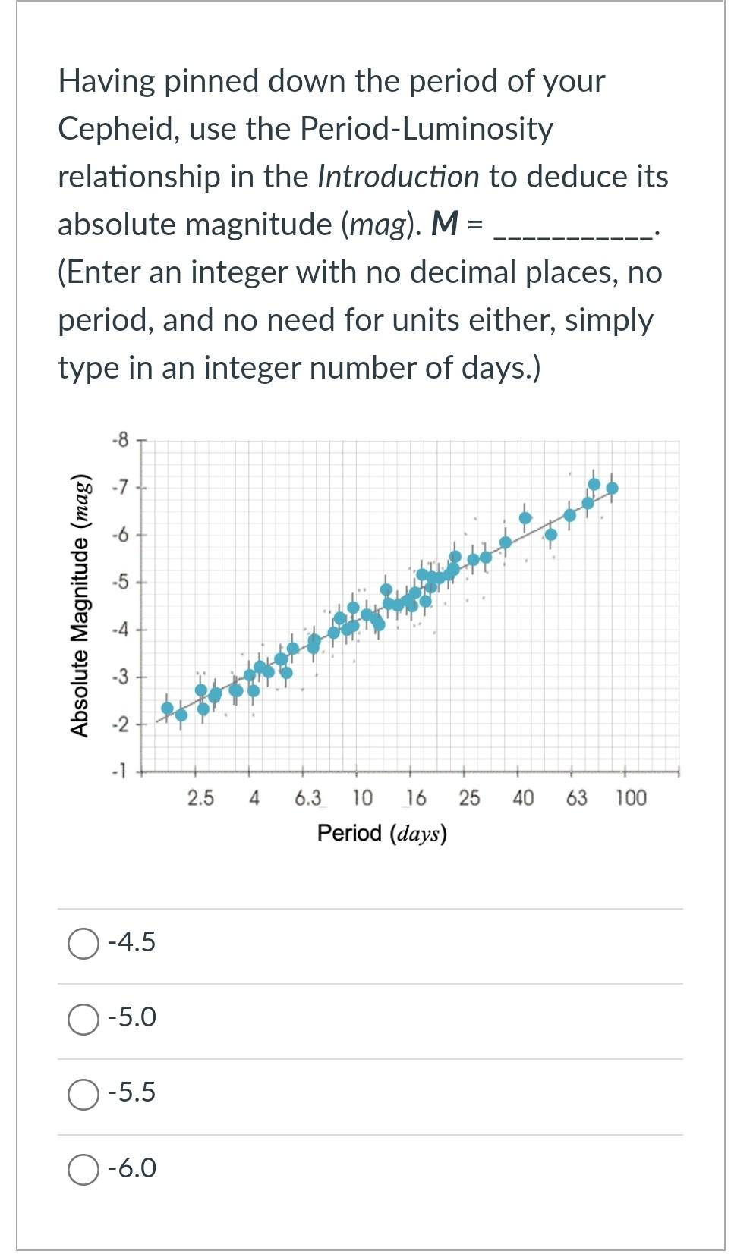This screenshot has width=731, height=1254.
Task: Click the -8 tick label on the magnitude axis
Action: (120, 439)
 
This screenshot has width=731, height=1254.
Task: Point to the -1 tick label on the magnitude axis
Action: (120, 772)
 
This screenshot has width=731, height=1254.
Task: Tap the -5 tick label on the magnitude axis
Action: (120, 583)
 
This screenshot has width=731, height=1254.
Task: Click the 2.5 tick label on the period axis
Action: (200, 798)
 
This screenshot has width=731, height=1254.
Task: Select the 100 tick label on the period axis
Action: (630, 798)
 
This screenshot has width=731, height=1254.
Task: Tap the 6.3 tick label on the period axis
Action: (307, 798)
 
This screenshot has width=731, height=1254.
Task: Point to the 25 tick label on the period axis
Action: (469, 798)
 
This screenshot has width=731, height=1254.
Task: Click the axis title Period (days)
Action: (382, 833)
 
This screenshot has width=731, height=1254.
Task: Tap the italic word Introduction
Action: (399, 177)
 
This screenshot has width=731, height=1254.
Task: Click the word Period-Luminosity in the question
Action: (427, 129)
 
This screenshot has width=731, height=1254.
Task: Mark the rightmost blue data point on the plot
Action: (613, 488)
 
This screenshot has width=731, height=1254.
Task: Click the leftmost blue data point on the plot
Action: (167, 708)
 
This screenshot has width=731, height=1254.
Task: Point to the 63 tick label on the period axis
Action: (577, 798)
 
